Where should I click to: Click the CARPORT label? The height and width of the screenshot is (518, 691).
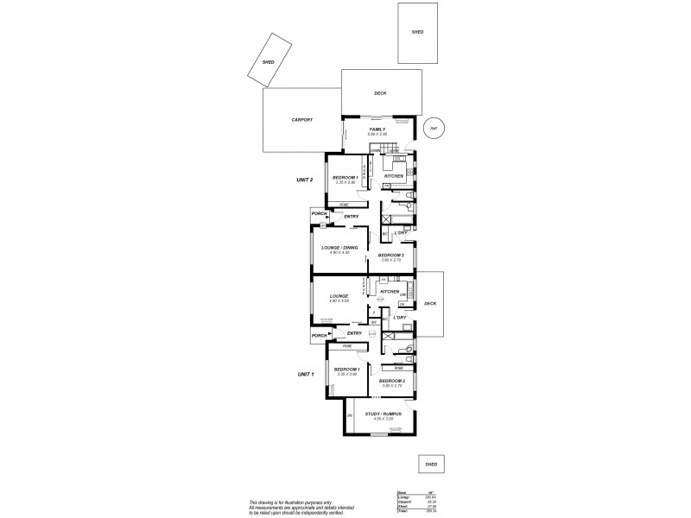pyautogui.click(x=301, y=120)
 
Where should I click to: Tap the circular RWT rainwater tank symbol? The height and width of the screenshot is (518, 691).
pyautogui.click(x=434, y=128)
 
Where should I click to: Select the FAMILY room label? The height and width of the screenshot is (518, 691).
pyautogui.click(x=377, y=129)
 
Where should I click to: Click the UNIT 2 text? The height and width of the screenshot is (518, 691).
pyautogui.click(x=303, y=180)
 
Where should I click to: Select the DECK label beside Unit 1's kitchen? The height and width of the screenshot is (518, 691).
pyautogui.click(x=430, y=304)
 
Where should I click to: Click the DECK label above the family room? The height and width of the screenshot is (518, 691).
pyautogui.click(x=379, y=92)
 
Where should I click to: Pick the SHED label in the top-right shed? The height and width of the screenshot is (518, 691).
pyautogui.click(x=417, y=32)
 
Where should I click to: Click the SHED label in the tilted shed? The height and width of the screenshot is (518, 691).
pyautogui.click(x=269, y=61)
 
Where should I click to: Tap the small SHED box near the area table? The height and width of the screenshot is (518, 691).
pyautogui.click(x=430, y=464)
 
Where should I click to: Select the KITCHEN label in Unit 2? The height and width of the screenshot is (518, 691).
pyautogui.click(x=394, y=176)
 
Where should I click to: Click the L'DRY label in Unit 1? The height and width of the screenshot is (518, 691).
pyautogui.click(x=400, y=318)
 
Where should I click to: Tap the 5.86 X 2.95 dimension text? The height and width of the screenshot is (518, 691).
pyautogui.click(x=377, y=135)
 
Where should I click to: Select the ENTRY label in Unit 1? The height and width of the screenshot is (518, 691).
pyautogui.click(x=353, y=333)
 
